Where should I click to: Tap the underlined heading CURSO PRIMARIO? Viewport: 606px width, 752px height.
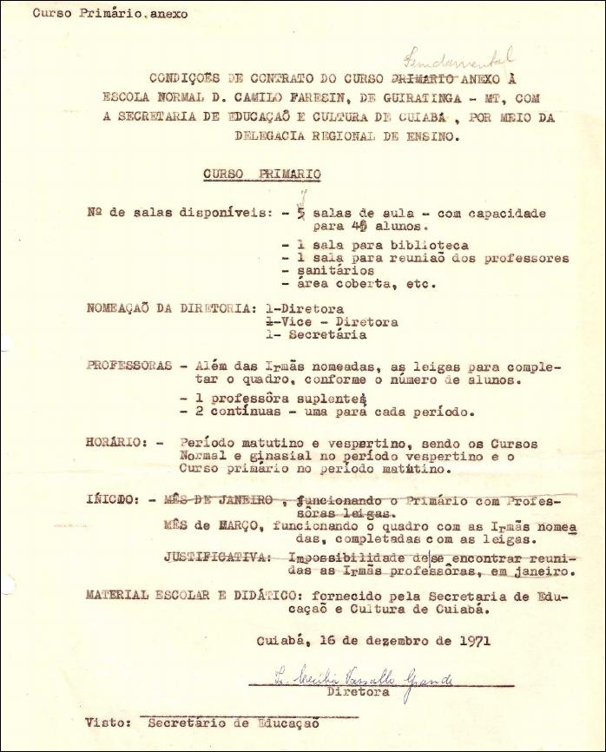tap(262, 175)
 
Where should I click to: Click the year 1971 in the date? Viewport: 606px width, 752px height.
tap(474, 643)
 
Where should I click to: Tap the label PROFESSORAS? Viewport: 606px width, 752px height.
tap(129, 366)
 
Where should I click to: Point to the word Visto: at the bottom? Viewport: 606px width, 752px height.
tap(109, 722)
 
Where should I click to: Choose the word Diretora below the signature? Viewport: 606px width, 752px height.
tap(355, 694)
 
